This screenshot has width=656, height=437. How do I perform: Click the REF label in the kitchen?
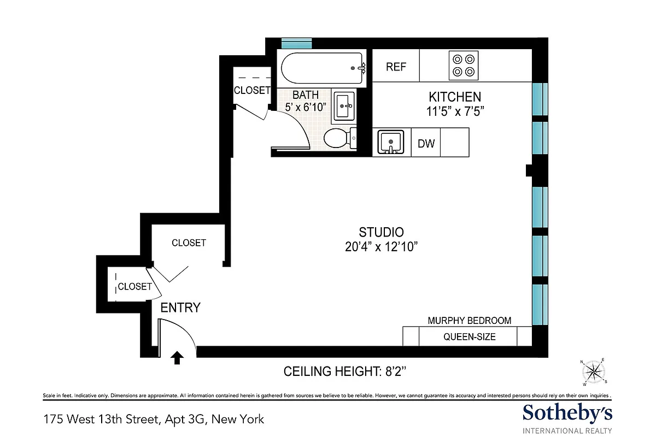click(x=396, y=67)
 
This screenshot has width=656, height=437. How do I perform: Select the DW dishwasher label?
click(x=426, y=144)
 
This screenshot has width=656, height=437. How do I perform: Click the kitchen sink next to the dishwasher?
click(x=390, y=142)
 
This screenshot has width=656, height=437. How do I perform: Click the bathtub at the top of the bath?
click(x=323, y=68)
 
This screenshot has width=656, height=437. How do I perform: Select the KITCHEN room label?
click(x=455, y=97)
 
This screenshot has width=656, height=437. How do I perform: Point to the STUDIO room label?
click(x=381, y=232)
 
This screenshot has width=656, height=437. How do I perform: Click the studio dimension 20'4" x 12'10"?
click(x=381, y=247)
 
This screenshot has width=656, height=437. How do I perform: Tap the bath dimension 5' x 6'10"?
click(x=306, y=107)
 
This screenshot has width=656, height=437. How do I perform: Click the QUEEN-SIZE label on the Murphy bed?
click(x=469, y=336)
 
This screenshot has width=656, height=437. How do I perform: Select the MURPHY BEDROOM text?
click(x=469, y=321)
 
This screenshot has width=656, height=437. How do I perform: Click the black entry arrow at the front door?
click(x=177, y=358)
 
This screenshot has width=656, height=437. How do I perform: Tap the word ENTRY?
click(x=180, y=308)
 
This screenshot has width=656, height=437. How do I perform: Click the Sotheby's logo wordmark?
click(x=567, y=412)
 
